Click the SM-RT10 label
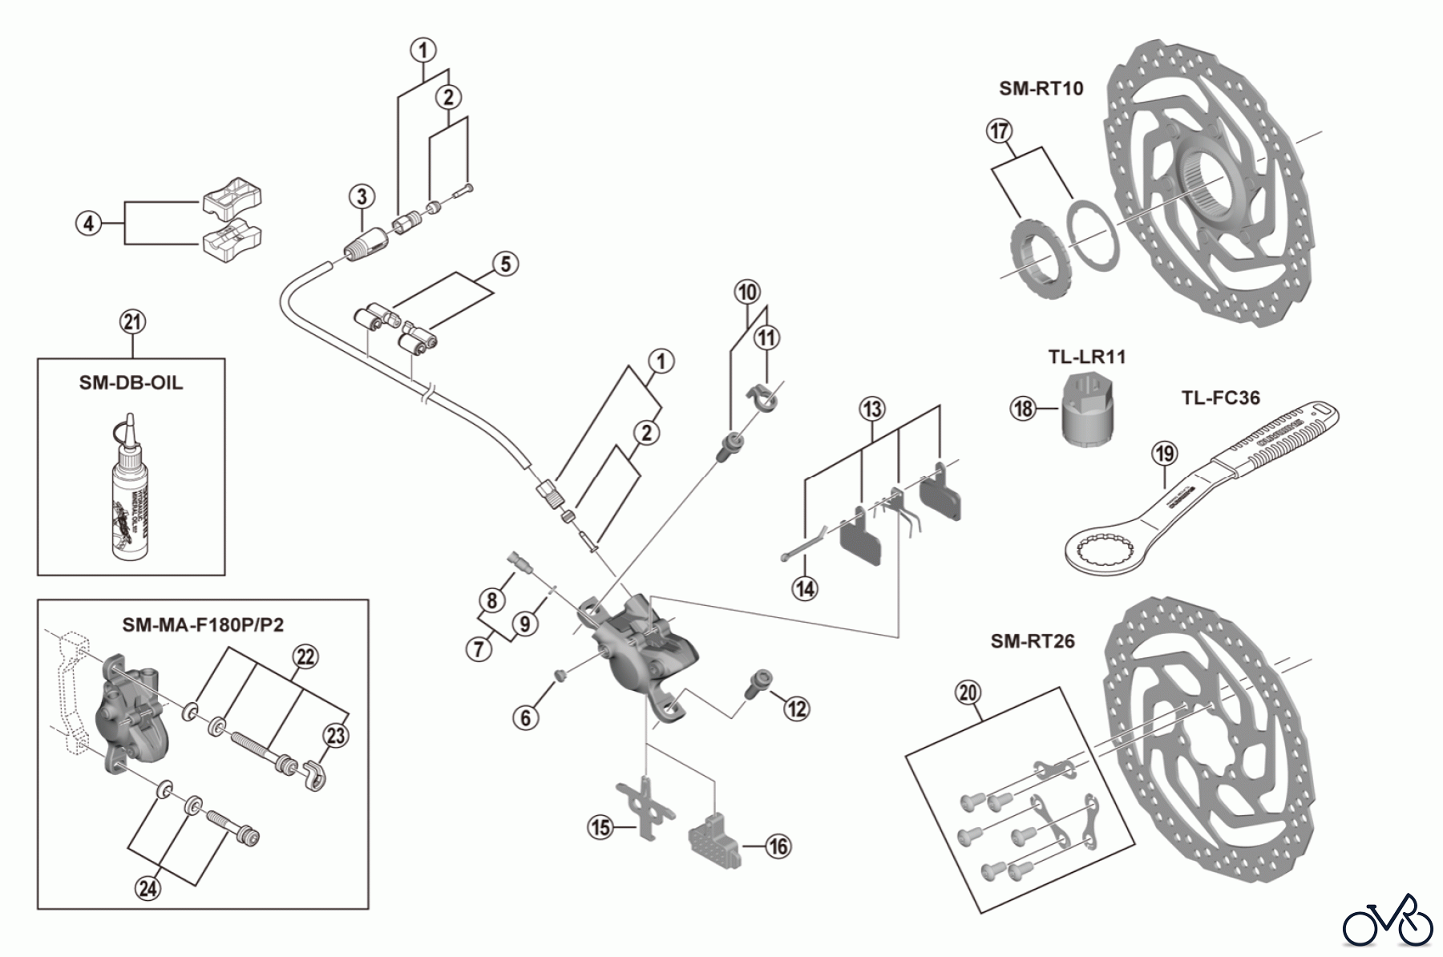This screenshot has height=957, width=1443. tap(1041, 88)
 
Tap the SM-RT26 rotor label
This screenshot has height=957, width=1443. tap(1032, 641)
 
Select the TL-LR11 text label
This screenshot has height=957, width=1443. tap(1086, 357)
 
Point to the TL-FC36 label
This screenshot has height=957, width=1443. tap(1220, 398)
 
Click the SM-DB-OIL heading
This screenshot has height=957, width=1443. tap(131, 382)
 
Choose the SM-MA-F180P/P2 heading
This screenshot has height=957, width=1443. tap(203, 624)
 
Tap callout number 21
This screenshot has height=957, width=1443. tap(133, 323)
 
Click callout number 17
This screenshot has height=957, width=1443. tap(1000, 131)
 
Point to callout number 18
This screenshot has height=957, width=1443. tap(1023, 409)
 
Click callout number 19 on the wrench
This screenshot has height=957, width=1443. tap(1164, 454)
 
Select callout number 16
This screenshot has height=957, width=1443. tap(778, 846)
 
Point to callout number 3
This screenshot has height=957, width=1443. tap(362, 196)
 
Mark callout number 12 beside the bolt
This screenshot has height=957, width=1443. tap(796, 708)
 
